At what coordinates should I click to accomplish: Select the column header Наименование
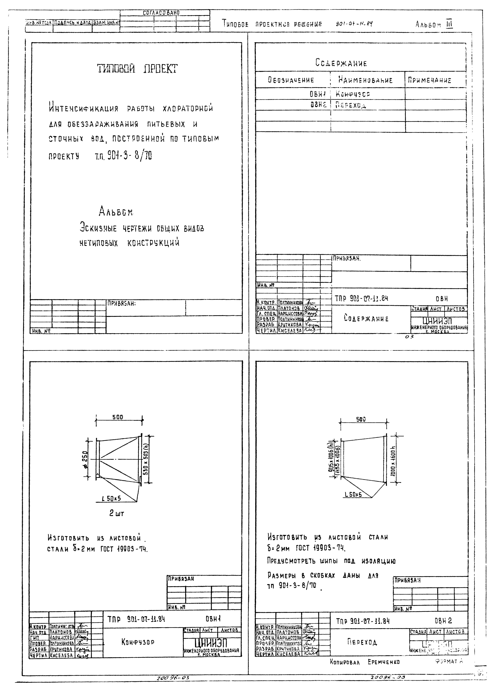[365, 80]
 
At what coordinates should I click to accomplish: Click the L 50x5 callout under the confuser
[111, 498]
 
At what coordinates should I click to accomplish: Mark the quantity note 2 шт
[117, 513]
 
